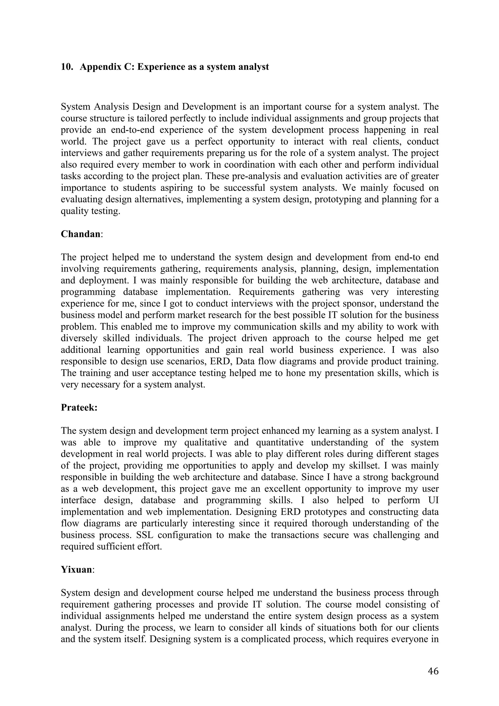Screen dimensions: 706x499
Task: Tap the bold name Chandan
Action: (80, 234)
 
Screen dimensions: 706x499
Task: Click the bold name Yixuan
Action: (76, 569)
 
